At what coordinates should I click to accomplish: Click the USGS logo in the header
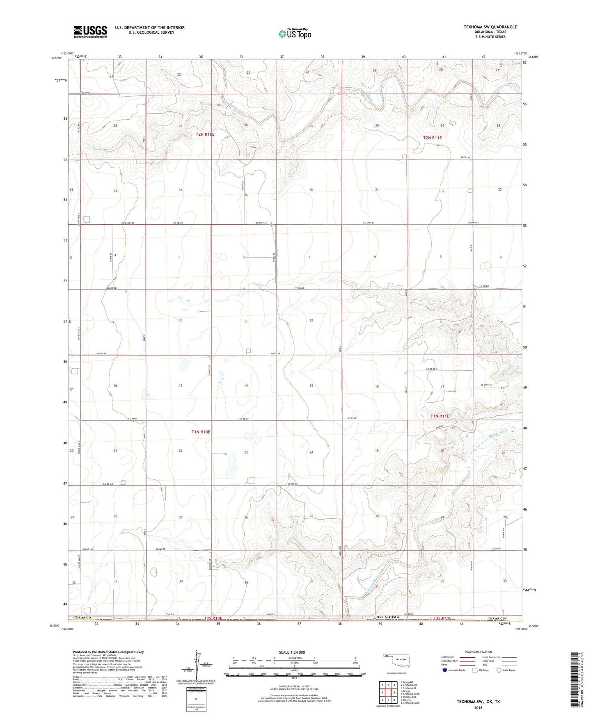90,32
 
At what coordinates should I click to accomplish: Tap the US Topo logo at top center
295,34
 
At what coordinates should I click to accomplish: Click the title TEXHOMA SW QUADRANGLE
490,27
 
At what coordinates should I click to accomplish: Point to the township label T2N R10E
205,135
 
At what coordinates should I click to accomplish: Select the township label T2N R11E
432,138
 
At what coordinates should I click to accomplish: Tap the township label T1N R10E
201,432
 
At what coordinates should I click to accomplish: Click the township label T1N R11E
440,416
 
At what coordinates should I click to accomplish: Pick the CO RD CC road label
178,223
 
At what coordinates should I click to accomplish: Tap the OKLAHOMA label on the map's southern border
387,617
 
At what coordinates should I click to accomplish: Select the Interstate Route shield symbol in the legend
444,670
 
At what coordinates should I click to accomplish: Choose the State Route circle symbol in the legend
499,670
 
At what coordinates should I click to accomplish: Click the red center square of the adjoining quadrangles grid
388,693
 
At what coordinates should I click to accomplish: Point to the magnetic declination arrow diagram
199,664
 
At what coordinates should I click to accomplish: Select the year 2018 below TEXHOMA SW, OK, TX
478,707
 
